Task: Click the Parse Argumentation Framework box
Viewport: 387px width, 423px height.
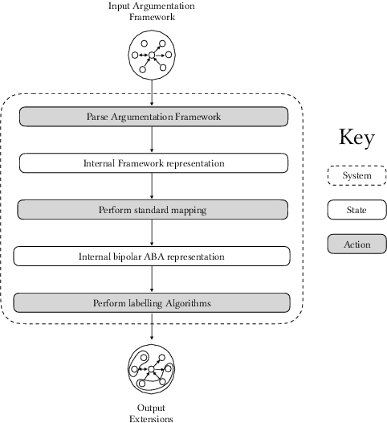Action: point(153,117)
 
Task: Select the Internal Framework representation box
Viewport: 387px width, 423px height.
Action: point(153,163)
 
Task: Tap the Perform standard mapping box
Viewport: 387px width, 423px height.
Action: point(153,210)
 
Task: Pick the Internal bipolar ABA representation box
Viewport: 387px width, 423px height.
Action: point(153,257)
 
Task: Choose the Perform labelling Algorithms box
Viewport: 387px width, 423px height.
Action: point(153,303)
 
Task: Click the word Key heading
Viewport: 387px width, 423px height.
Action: point(356,138)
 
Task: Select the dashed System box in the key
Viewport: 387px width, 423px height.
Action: point(356,175)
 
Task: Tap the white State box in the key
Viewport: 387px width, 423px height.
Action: point(356,210)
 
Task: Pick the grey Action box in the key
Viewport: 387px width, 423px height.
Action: point(356,244)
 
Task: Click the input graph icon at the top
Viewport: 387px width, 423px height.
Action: point(153,55)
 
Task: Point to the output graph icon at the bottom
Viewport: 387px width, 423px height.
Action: point(153,369)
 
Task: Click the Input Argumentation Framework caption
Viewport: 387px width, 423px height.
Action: point(153,12)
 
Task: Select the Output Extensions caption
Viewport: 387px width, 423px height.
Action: point(153,413)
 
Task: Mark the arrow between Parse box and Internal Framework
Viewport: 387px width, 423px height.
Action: point(153,140)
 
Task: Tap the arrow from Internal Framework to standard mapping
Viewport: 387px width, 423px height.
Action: point(153,187)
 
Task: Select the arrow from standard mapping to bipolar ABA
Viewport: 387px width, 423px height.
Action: point(153,233)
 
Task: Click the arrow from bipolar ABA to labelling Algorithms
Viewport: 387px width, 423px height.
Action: point(153,280)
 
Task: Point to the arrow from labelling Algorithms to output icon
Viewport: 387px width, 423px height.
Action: point(153,330)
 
